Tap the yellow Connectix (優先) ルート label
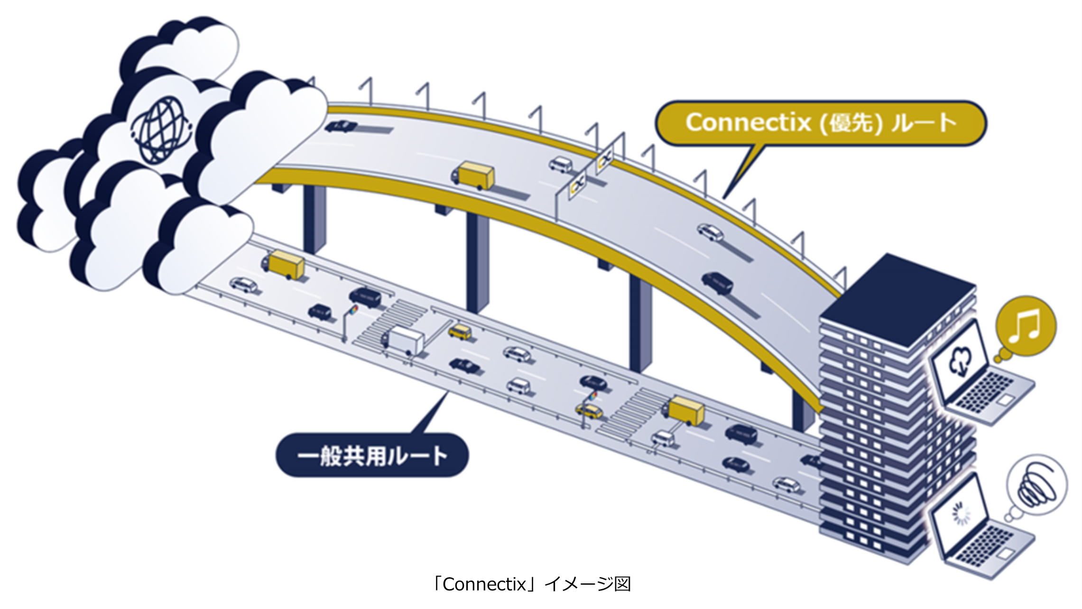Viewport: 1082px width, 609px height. [821, 123]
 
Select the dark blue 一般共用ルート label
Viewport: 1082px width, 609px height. [372, 456]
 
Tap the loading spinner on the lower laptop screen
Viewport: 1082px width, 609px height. [961, 515]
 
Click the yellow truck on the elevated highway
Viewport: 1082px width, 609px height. [474, 175]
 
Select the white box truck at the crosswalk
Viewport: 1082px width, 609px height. [403, 340]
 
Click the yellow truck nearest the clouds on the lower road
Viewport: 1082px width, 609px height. [285, 264]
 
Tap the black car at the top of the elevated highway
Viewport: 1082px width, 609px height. [341, 126]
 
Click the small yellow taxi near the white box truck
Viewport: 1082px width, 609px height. [460, 332]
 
